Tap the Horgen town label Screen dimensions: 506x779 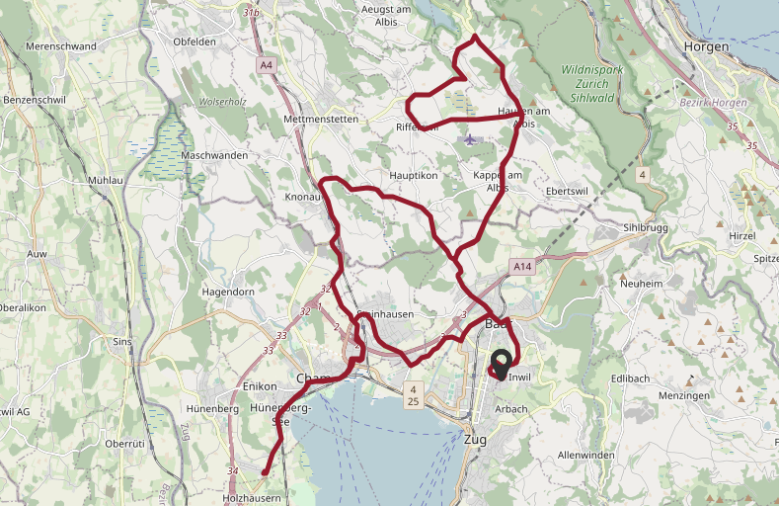click(706, 46)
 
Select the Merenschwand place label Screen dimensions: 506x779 click(61, 46)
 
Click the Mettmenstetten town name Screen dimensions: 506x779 click(321, 119)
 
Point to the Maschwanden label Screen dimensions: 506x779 click(215, 156)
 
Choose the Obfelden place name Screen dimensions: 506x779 click(195, 42)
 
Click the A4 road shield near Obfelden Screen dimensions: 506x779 click(266, 65)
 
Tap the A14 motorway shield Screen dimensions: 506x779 click(522, 267)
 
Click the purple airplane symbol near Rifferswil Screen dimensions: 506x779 click(469, 138)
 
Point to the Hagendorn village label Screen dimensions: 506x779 click(228, 293)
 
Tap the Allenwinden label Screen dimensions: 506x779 click(586, 455)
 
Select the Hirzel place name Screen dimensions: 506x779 click(741, 236)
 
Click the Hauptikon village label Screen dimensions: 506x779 click(414, 175)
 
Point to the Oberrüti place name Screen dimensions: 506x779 click(124, 444)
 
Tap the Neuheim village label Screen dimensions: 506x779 click(641, 284)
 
